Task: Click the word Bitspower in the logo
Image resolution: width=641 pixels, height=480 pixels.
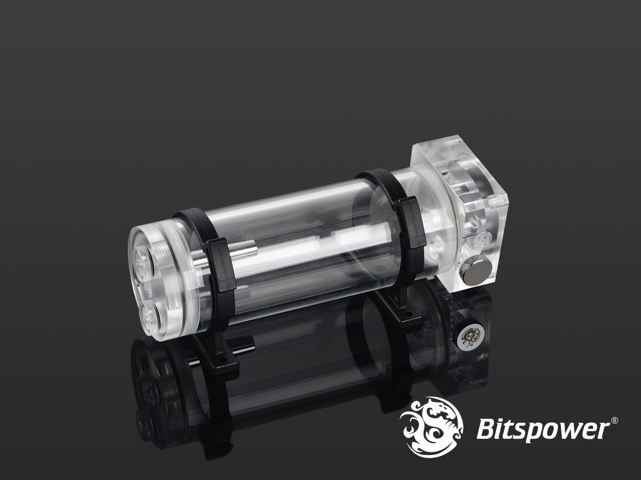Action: coord(542,430)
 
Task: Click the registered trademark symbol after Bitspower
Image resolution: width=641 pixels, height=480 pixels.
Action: coord(614,421)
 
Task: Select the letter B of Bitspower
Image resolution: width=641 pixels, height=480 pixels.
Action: coord(485,430)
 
